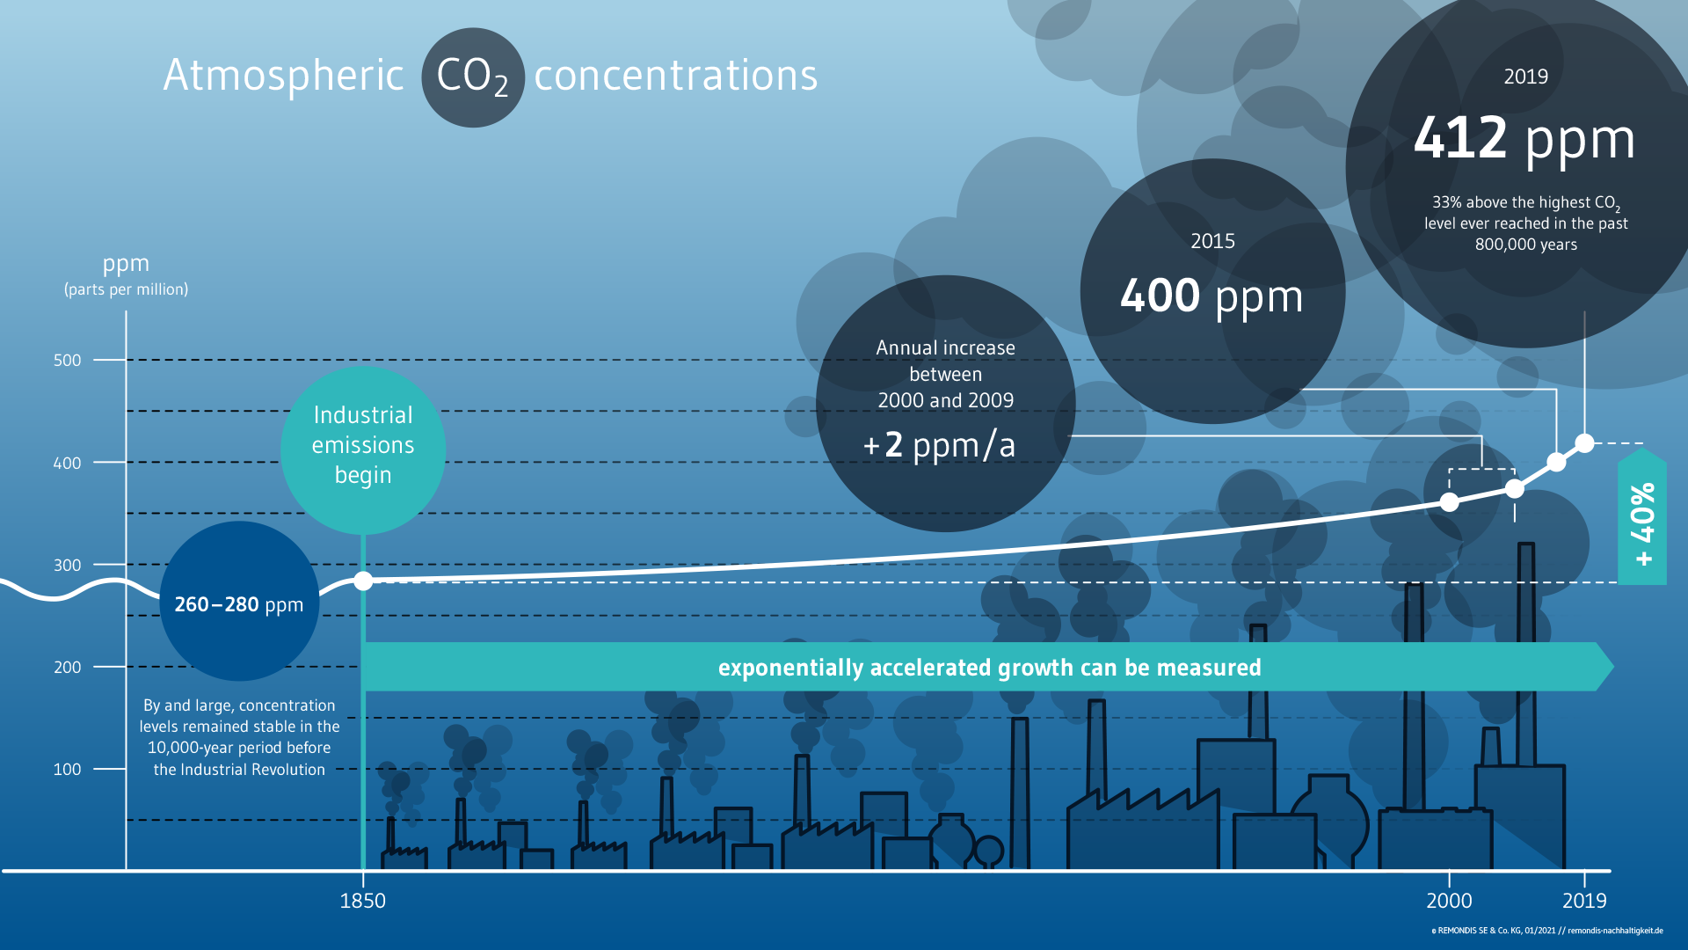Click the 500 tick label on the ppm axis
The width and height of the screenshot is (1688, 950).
[67, 360]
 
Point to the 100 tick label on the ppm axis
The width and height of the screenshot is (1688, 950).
[67, 769]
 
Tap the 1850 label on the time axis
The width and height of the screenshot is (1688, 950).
[362, 901]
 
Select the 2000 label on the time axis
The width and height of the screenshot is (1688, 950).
[1449, 901]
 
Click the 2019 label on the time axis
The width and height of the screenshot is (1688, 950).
[1584, 901]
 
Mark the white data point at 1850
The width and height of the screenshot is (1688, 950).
[363, 581]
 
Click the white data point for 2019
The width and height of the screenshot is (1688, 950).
[1584, 443]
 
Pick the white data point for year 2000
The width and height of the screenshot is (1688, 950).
[1449, 502]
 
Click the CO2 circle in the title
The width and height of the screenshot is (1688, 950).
[473, 77]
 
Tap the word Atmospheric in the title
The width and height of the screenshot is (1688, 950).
[283, 75]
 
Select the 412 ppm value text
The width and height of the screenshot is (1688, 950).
[1524, 139]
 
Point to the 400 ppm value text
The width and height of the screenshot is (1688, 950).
[1211, 296]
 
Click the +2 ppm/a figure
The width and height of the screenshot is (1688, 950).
[939, 445]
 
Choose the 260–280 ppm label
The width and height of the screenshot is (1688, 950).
[238, 605]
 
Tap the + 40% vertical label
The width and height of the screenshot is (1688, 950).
[1642, 524]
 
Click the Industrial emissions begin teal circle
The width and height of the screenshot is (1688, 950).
[363, 450]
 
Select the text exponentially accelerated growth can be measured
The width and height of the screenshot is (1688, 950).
[989, 669]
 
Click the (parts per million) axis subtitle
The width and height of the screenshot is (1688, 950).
[126, 289]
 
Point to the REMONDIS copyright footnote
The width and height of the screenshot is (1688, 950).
[1546, 931]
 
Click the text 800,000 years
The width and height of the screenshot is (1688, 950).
[1526, 245]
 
